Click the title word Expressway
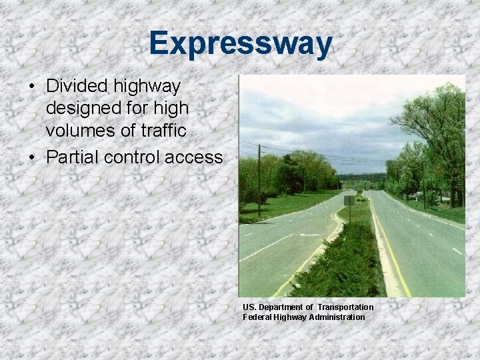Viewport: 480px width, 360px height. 240,44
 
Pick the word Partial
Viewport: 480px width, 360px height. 71,157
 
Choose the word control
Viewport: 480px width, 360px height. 130,157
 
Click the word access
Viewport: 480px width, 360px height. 194,157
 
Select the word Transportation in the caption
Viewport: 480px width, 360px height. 345,307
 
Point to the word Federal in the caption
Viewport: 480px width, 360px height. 256,317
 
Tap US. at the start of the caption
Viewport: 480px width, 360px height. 249,307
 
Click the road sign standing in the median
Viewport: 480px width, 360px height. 349,201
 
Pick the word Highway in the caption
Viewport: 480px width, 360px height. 291,317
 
